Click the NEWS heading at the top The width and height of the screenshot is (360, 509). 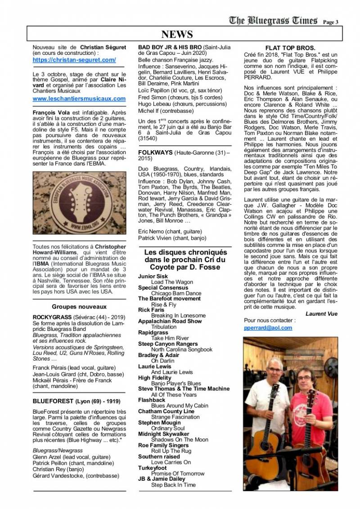tap(177, 34)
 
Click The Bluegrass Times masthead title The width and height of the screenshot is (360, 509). tap(273, 20)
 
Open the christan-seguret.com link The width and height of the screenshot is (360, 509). tap(74, 59)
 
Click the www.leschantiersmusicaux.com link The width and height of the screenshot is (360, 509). tap(79, 98)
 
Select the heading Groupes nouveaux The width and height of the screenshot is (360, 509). tap(79, 307)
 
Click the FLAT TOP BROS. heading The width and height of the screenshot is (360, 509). tap(290, 48)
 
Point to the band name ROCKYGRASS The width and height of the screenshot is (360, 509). tap(49, 317)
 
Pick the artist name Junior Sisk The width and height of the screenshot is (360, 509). tap(153, 276)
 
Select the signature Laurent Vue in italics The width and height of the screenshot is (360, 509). tap(321, 313)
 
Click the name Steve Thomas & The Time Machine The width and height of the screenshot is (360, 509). tap(184, 388)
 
